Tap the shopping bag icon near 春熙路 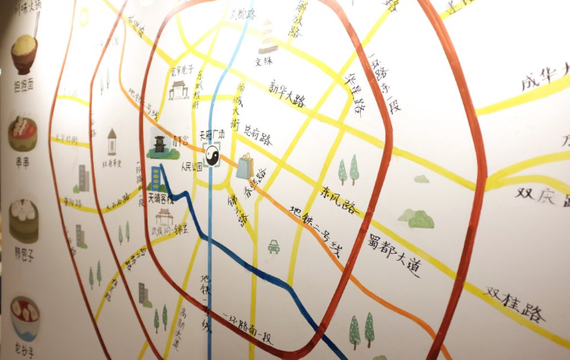click(244, 166)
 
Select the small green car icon click(274, 247)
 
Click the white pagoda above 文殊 click(268, 36)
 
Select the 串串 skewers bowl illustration click(22, 134)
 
